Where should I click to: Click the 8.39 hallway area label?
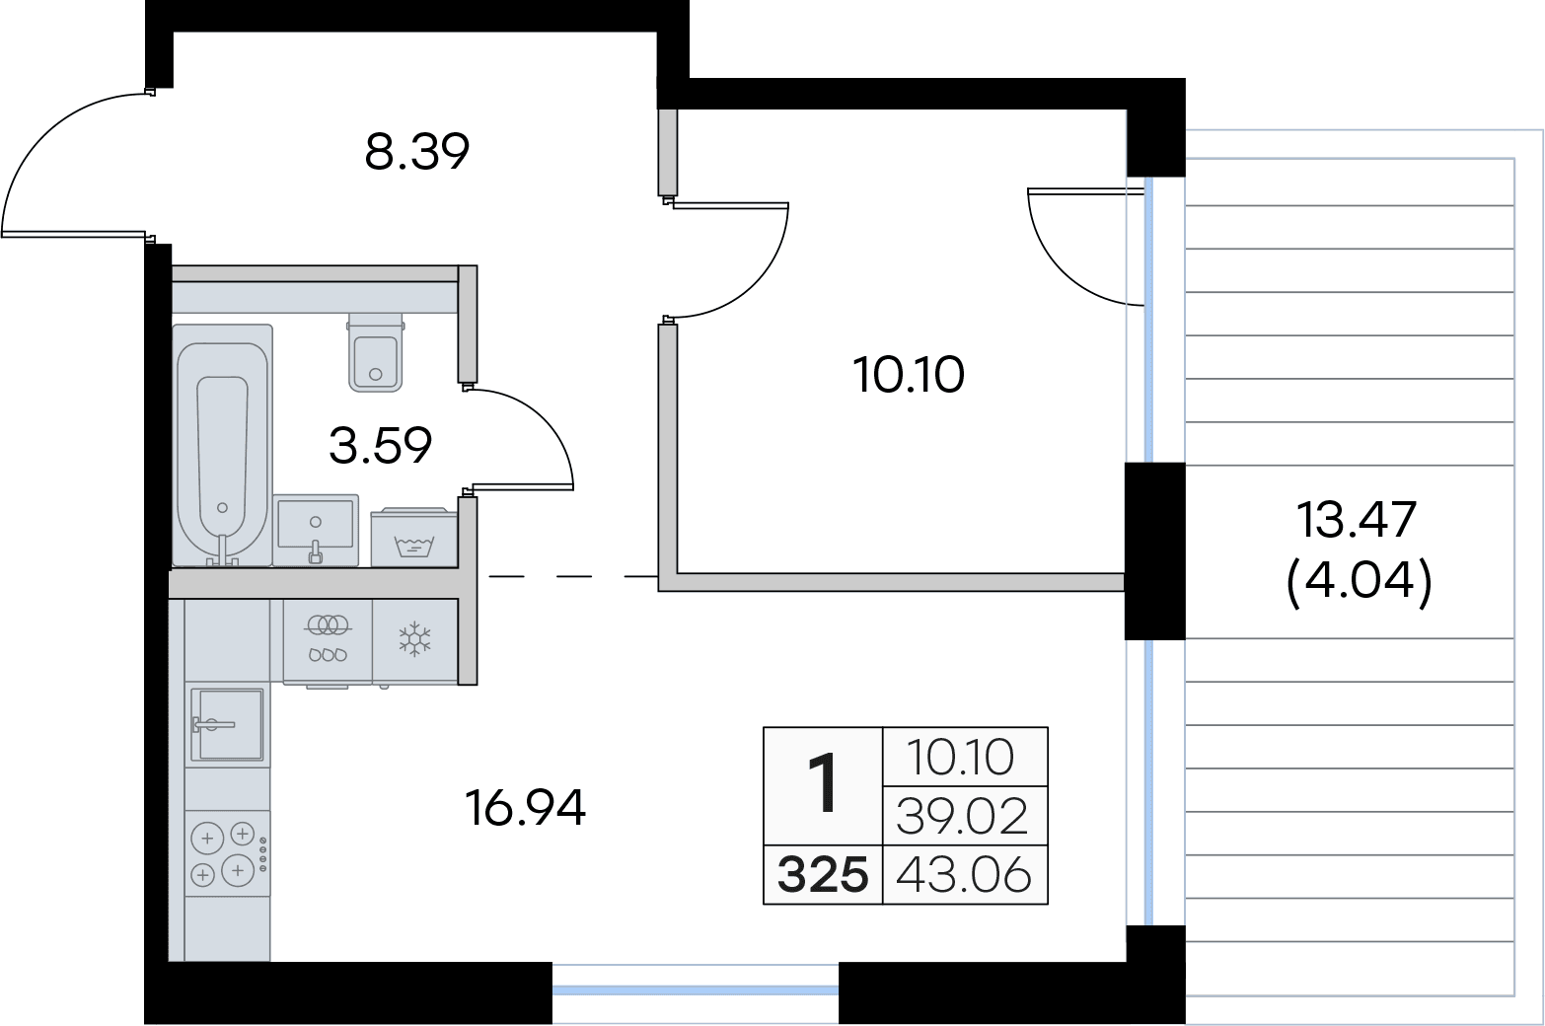pos(416,152)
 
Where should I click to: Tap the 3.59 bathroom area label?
pos(380,446)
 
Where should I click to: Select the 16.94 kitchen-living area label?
pos(525,807)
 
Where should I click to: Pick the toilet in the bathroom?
pos(375,352)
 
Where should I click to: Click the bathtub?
pos(222,446)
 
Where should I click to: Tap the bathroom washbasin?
pos(316,530)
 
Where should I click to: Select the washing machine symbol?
pos(413,538)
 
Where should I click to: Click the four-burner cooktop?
pos(227,853)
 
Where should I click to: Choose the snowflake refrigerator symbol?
pos(414,639)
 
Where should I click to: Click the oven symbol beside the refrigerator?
pos(328,641)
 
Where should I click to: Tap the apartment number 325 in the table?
pos(823,875)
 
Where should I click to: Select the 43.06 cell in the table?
pos(964,875)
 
